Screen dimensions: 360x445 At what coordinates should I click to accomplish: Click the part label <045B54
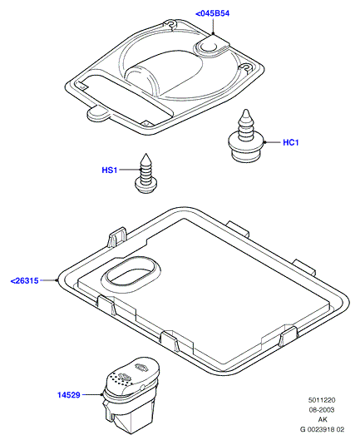(212, 13)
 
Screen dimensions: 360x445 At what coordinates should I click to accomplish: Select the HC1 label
(291, 142)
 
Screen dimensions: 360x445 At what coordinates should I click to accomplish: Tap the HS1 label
(110, 170)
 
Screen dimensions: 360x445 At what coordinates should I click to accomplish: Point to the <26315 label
(24, 280)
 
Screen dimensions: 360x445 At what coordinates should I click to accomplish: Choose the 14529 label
(69, 395)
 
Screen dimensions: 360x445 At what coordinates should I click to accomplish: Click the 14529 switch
(131, 394)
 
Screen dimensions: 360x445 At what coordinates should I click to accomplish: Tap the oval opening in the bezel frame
(131, 274)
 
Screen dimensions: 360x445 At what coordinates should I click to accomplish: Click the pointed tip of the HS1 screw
(145, 154)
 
